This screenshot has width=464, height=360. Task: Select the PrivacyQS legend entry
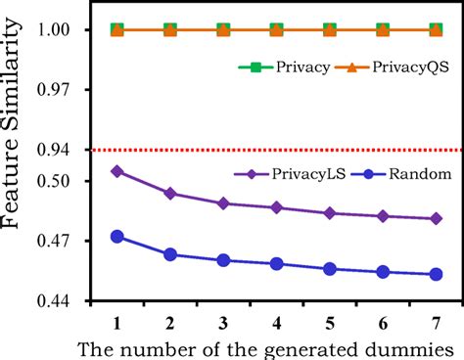387,67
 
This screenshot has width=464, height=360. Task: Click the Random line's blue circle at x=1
117,237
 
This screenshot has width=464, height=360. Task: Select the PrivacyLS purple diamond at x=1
117,171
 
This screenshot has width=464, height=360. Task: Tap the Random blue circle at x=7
436,274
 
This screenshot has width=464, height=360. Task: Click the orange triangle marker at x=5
330,29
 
